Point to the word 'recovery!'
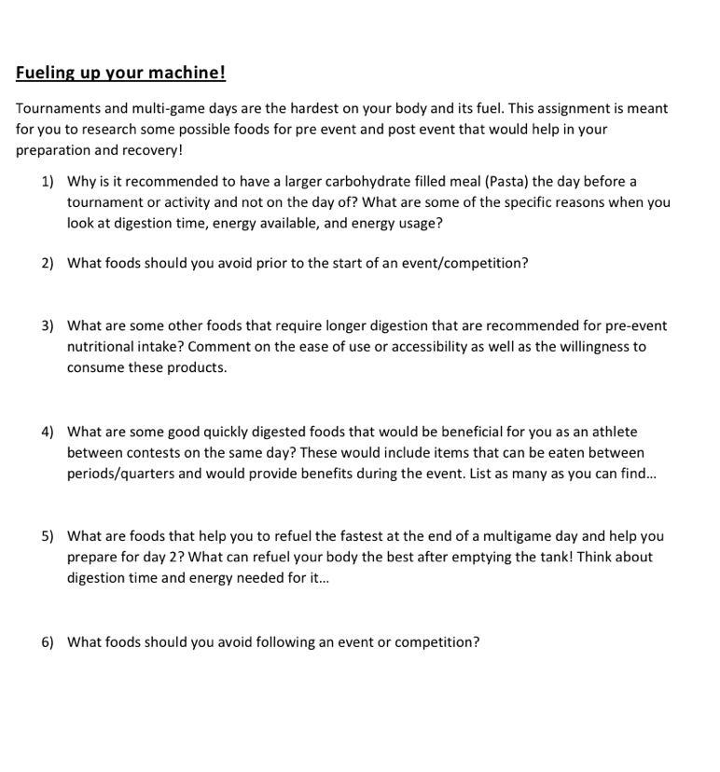[151, 149]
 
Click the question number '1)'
[48, 181]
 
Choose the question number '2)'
[48, 263]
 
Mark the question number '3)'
[48, 325]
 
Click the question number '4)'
[48, 432]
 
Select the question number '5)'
[48, 536]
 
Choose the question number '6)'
[48, 641]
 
